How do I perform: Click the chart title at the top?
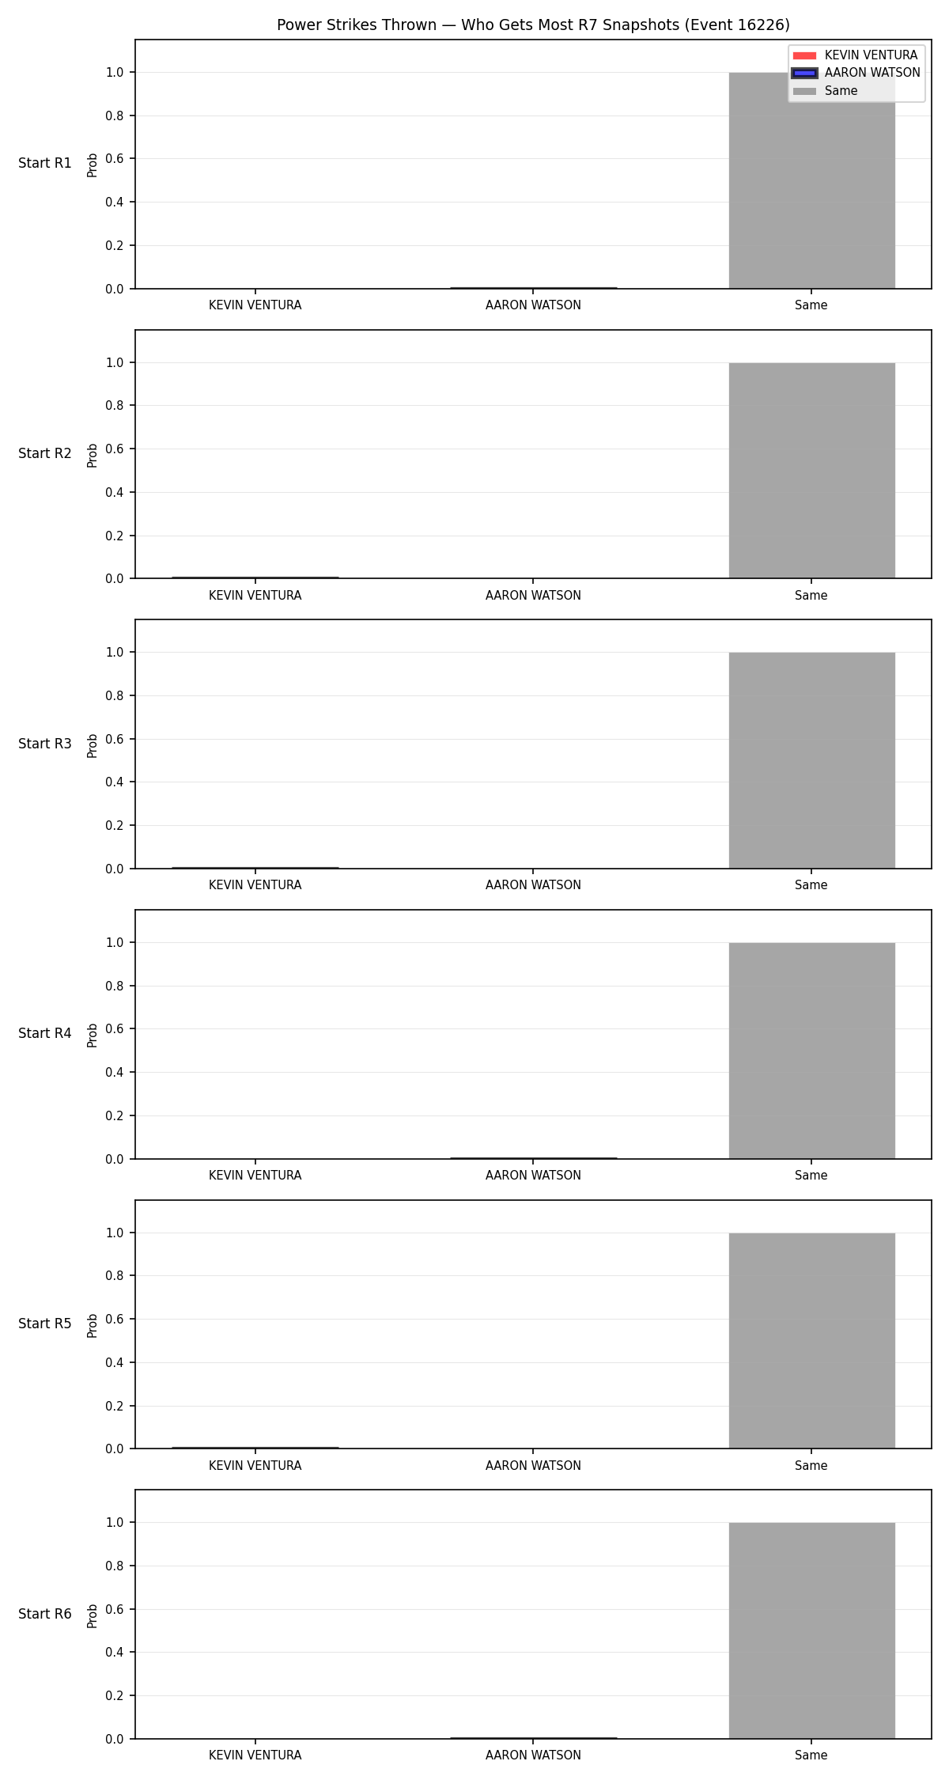click(533, 25)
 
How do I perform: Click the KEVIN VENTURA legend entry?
click(856, 55)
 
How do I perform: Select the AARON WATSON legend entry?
click(857, 73)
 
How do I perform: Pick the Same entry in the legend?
click(826, 91)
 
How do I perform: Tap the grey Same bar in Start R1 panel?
click(811, 180)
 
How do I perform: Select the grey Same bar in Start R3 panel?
click(811, 760)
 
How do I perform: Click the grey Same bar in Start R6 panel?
click(811, 1630)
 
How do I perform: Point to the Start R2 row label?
click(45, 453)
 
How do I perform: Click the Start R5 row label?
click(45, 1324)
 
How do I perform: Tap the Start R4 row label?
click(45, 1033)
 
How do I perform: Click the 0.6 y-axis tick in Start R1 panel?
click(115, 159)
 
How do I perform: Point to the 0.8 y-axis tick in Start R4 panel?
click(115, 986)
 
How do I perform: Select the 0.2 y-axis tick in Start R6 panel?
click(115, 1695)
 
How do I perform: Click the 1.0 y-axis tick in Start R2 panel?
click(115, 362)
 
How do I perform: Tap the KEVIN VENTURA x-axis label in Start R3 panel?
click(255, 885)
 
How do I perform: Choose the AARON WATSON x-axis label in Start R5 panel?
click(533, 1466)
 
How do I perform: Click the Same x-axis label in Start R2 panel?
click(811, 596)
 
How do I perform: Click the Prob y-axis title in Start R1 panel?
click(93, 165)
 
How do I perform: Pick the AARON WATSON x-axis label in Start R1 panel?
click(533, 305)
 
